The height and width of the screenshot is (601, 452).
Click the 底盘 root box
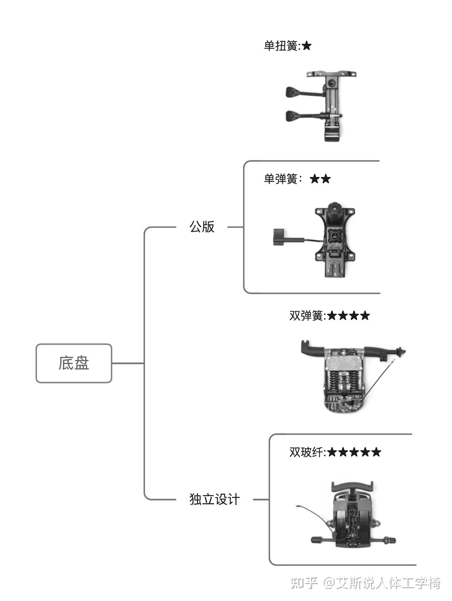(74, 363)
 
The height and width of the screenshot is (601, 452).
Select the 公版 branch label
(202, 227)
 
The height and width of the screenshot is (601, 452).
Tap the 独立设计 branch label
(215, 499)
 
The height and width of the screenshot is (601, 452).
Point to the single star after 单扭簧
(307, 46)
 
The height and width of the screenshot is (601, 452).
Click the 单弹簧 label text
(280, 179)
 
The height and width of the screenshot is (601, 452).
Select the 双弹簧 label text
(306, 316)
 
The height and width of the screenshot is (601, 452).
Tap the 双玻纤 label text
(306, 452)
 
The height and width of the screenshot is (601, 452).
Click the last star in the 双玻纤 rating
(376, 452)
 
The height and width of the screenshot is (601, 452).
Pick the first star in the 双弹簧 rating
(332, 316)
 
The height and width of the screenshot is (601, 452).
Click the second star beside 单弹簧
(326, 179)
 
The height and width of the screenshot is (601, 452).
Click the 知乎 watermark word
(304, 583)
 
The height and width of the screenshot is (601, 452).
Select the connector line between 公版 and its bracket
(235, 227)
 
